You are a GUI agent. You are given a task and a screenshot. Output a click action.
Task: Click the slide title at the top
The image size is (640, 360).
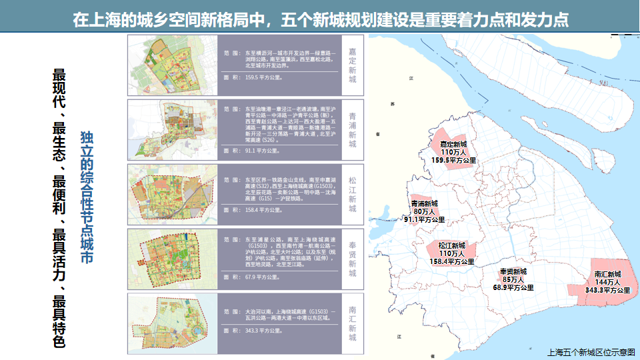pyautogui.click(x=320, y=18)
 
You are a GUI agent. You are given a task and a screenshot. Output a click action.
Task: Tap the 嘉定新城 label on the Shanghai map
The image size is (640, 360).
pyautogui.click(x=453, y=144)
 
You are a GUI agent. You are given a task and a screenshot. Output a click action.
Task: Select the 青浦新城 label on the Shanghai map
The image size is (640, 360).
pyautogui.click(x=424, y=203)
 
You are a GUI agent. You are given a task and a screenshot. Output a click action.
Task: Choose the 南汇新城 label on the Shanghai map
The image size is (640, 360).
pyautogui.click(x=607, y=274)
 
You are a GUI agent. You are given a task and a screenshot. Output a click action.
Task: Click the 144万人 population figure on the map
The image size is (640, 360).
pyautogui.click(x=607, y=282)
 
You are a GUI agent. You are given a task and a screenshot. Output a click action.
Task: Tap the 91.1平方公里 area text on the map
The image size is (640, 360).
pyautogui.click(x=424, y=219)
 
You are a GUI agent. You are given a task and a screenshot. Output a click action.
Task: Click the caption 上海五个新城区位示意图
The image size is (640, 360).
pyautogui.click(x=590, y=351)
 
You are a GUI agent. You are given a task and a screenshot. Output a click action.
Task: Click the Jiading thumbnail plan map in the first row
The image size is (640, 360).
pyautogui.click(x=172, y=65)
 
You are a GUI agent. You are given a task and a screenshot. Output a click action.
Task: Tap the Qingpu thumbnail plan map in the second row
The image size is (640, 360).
pyautogui.click(x=172, y=130)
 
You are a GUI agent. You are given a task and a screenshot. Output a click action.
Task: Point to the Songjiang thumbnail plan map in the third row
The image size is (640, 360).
pyautogui.click(x=172, y=195)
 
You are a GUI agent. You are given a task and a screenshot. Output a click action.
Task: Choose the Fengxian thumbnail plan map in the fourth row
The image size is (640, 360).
pyautogui.click(x=172, y=259)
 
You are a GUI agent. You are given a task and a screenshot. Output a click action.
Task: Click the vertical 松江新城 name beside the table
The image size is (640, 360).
pyautogui.click(x=353, y=195)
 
